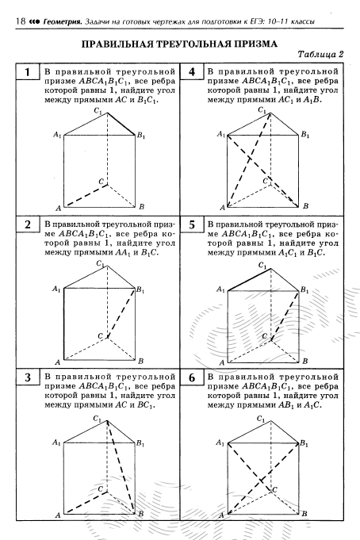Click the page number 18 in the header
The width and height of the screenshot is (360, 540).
(21, 21)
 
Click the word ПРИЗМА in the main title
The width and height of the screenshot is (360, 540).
(255, 44)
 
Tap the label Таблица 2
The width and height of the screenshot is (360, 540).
(320, 54)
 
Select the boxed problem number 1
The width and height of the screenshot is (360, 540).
(28, 72)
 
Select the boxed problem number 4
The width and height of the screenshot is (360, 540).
(192, 72)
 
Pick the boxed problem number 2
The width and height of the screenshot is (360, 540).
(28, 224)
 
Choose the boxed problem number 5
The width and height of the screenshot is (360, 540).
(192, 224)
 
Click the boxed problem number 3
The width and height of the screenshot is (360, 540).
(28, 377)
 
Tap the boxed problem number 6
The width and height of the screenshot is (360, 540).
(192, 377)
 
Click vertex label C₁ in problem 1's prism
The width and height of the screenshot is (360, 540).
(98, 111)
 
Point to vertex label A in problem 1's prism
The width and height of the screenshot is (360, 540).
(58, 208)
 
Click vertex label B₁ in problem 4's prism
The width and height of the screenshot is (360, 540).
(304, 134)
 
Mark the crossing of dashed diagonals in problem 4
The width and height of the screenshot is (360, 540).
(251, 159)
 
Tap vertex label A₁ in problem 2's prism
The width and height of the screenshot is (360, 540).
(56, 289)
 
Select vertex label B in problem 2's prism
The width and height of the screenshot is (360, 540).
(140, 361)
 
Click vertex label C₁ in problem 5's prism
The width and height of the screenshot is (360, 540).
(262, 266)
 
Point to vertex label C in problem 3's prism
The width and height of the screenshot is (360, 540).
(100, 488)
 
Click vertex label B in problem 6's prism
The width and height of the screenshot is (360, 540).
(304, 514)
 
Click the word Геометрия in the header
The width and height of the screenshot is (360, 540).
(63, 21)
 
